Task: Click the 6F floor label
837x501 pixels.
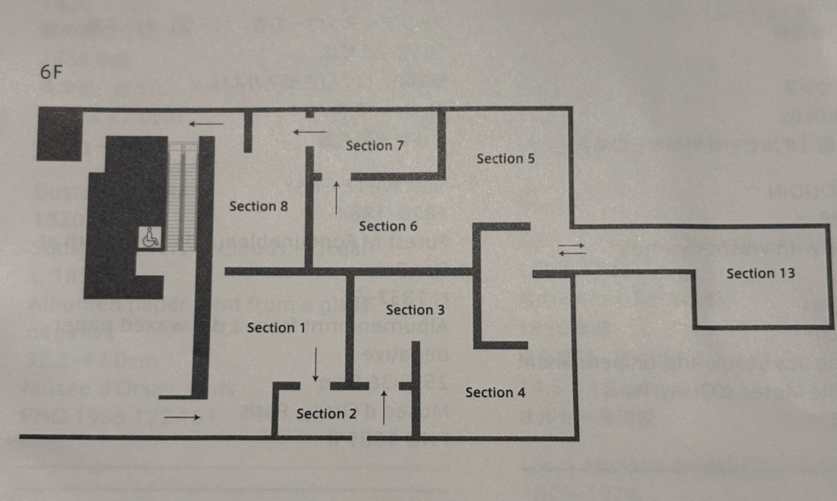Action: tap(51, 70)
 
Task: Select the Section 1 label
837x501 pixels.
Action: tap(276, 327)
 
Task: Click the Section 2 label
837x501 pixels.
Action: tap(326, 413)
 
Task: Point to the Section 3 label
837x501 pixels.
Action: tap(415, 309)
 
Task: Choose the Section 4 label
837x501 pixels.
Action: tap(495, 393)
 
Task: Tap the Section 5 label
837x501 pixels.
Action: tap(506, 158)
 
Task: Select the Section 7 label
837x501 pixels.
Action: tap(375, 146)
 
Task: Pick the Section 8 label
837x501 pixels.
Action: tap(258, 206)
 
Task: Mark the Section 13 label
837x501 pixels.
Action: tap(760, 273)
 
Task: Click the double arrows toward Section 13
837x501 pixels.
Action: tap(572, 248)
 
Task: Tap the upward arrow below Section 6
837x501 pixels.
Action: tap(337, 199)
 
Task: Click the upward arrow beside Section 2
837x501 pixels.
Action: tap(383, 407)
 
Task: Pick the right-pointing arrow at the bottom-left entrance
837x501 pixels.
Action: tap(181, 417)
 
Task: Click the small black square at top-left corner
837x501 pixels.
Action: tap(59, 133)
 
